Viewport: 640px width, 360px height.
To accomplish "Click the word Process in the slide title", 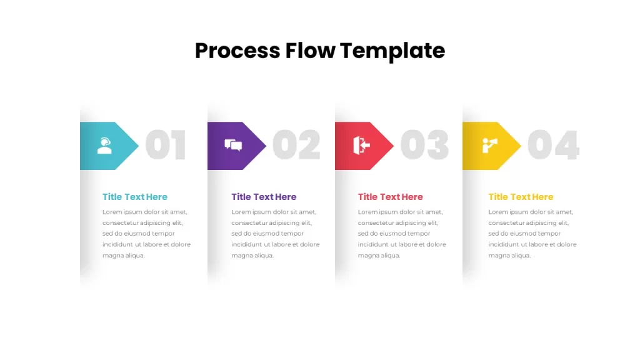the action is [x=237, y=51].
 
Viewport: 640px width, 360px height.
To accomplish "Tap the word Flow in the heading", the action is [x=310, y=51].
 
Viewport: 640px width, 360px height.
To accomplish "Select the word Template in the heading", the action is [x=392, y=51].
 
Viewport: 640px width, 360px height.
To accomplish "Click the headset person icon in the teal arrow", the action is [x=104, y=146].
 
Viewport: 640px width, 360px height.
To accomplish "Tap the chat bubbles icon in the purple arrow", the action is [x=233, y=145].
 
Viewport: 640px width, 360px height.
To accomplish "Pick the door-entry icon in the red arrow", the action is [x=362, y=146].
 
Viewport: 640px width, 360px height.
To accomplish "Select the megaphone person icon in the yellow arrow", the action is [x=490, y=145].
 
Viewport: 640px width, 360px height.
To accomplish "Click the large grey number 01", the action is [x=166, y=145].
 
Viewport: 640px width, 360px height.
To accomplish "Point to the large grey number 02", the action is [x=297, y=145].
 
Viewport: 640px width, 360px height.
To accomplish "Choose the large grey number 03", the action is [x=425, y=145].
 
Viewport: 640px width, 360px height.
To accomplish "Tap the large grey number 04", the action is [x=554, y=145].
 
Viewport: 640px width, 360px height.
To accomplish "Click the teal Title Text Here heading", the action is [x=135, y=197].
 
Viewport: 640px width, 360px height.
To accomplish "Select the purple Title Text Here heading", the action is [x=264, y=197].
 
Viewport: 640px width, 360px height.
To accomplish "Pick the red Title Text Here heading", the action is [x=390, y=197].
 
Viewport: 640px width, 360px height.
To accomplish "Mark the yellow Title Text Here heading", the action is [x=521, y=197].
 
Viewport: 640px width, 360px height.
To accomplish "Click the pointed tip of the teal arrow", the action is [x=138, y=146].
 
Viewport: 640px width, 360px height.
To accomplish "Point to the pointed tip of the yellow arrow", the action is [x=521, y=146].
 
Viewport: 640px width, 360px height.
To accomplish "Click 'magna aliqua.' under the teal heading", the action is [x=123, y=256].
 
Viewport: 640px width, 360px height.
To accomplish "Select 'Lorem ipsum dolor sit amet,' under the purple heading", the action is [x=274, y=212].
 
